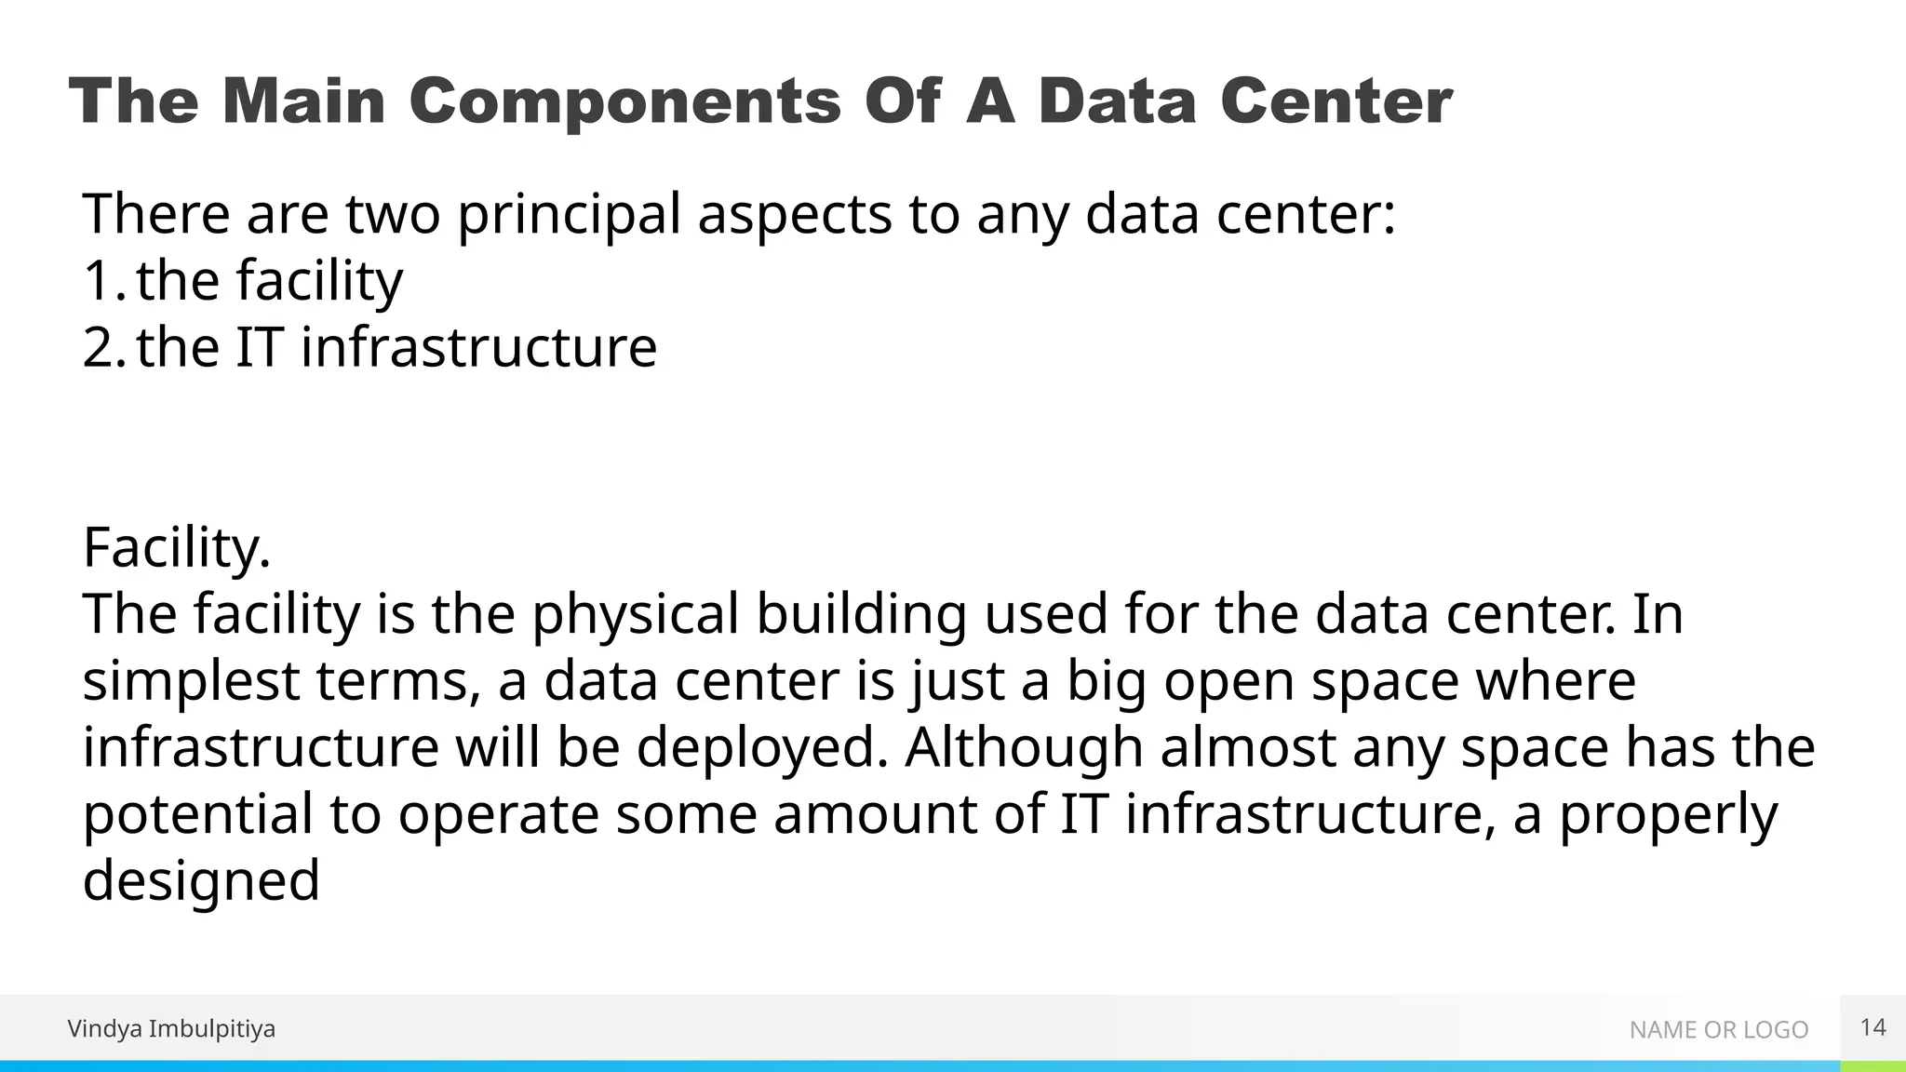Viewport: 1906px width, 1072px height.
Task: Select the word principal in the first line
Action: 569,214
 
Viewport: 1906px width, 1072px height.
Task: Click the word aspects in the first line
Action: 795,214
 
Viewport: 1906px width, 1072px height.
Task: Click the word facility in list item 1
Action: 319,280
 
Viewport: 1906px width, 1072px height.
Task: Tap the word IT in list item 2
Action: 258,347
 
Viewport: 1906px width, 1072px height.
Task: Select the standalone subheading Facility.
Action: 177,547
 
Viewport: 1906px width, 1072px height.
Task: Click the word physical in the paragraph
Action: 636,614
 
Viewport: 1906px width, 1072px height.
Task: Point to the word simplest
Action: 191,681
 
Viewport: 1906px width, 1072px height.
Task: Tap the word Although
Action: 1024,748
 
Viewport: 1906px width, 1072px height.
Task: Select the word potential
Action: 197,814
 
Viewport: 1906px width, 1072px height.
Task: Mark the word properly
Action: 1668,814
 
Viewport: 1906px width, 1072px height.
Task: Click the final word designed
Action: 201,881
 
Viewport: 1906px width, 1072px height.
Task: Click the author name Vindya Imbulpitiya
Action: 171,1029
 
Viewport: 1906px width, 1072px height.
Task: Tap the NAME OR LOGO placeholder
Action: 1718,1030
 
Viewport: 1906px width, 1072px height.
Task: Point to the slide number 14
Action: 1872,1027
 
